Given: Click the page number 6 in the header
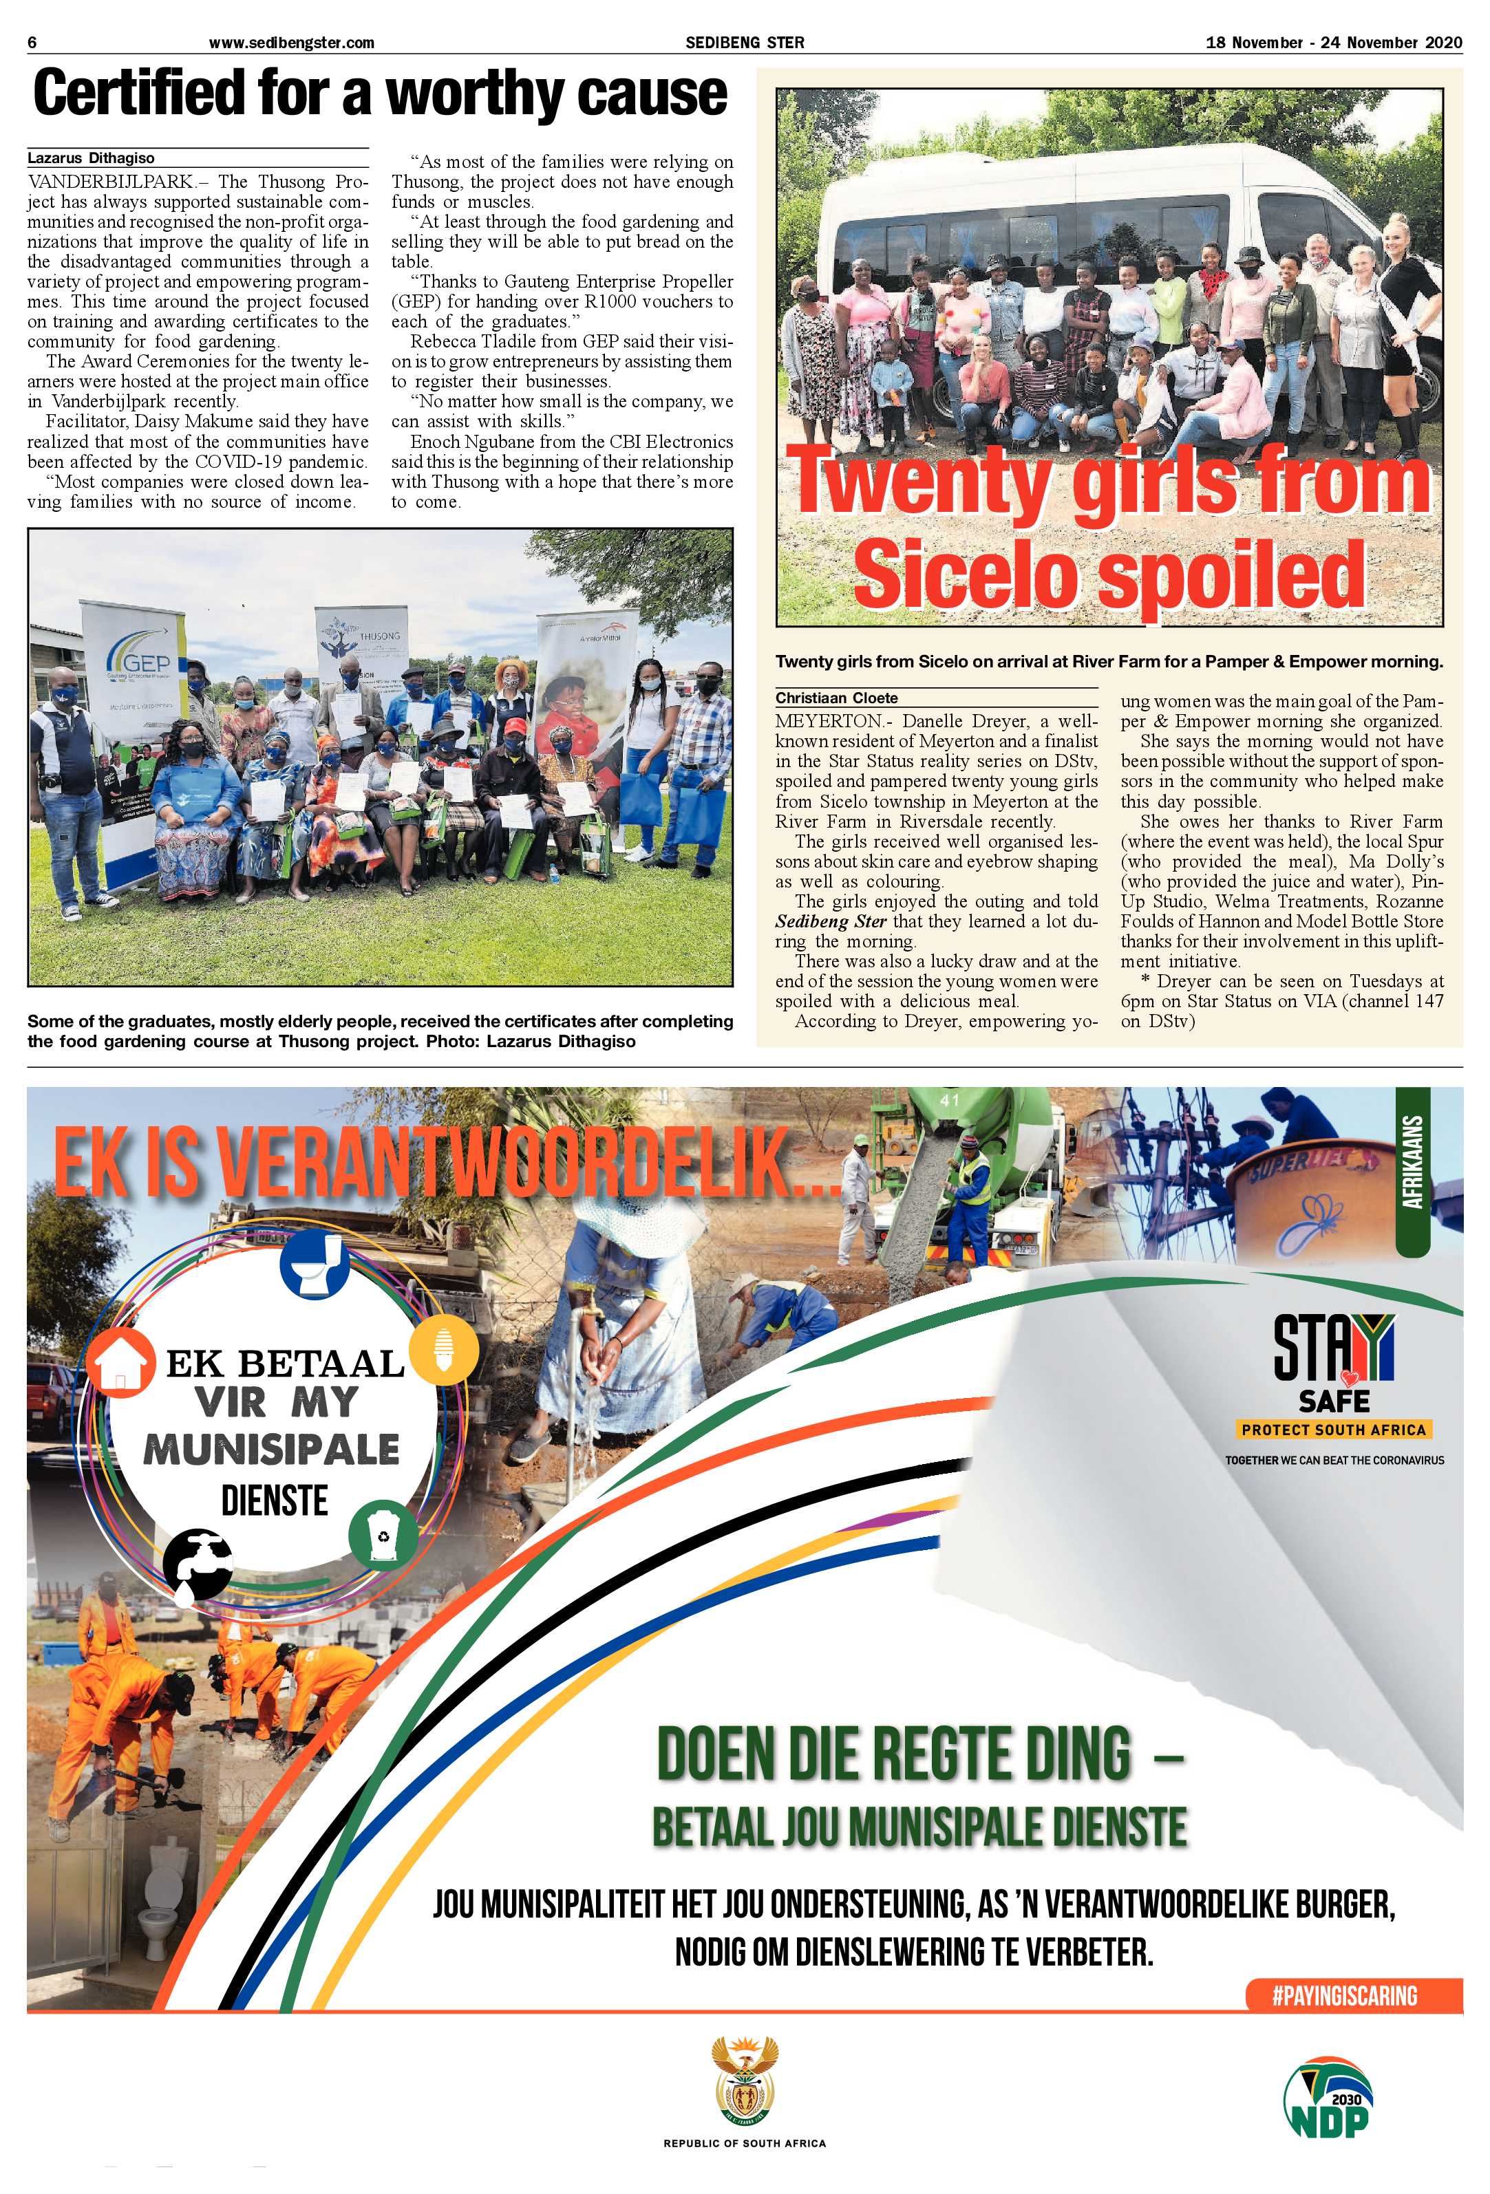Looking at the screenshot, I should (32, 43).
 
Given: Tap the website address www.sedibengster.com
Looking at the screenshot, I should (291, 43).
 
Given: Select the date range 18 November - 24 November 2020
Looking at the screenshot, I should (1333, 43).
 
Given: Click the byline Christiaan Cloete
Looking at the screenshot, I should (837, 698).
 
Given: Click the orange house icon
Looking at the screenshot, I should (120, 1362).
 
